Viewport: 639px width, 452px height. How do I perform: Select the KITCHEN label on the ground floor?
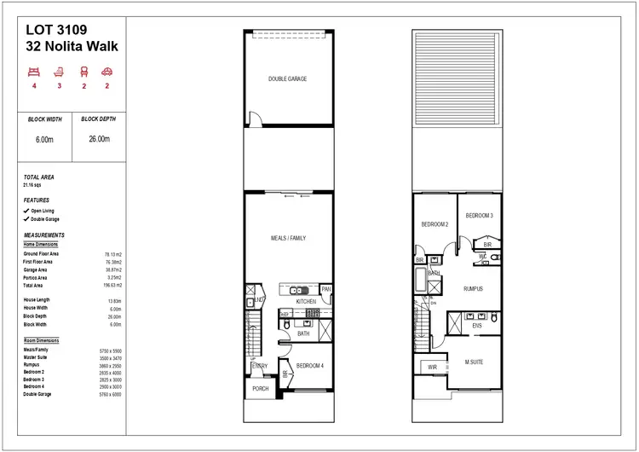coord(306,301)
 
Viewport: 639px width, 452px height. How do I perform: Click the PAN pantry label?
coord(325,290)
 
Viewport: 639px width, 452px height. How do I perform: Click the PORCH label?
coord(260,388)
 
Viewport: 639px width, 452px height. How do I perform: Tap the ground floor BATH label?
coord(304,334)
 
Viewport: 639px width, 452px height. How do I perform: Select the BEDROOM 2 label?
coord(435,225)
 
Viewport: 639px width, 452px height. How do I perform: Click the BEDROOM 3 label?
coord(479,216)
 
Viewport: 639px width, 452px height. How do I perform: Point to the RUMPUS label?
coord(473,289)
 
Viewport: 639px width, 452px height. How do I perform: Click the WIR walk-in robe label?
coord(432,367)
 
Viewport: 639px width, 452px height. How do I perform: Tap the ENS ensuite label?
coord(478,325)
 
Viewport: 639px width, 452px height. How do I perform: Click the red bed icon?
coord(34,71)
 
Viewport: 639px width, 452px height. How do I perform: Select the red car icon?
coord(108,71)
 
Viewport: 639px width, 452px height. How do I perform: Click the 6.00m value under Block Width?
coord(46,139)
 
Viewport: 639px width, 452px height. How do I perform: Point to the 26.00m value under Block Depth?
coord(99,139)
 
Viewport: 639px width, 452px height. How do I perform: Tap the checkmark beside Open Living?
coord(26,210)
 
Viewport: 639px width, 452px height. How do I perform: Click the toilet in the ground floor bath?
coord(287,324)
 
